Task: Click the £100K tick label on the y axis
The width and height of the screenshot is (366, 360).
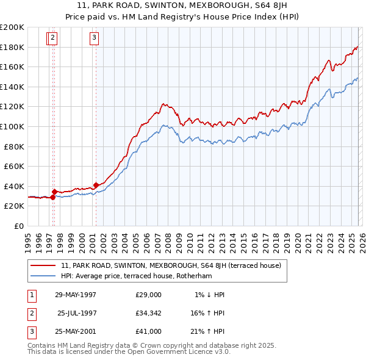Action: click(x=12, y=126)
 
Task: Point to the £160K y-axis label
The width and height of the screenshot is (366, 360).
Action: click(x=12, y=67)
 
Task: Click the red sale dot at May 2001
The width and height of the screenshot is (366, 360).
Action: click(x=96, y=185)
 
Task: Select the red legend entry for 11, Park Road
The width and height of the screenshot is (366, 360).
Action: click(x=171, y=265)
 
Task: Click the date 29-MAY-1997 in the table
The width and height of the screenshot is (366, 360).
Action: click(x=76, y=295)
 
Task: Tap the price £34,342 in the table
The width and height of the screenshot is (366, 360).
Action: click(x=149, y=313)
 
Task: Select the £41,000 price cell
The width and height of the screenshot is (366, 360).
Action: click(x=149, y=331)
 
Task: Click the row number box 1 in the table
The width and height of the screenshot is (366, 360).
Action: click(x=31, y=295)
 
